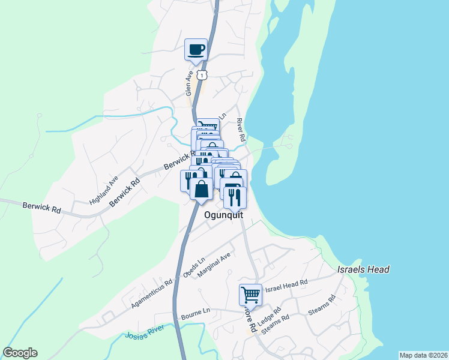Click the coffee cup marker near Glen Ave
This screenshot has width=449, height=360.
(x=196, y=49)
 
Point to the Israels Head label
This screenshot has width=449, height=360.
(x=363, y=269)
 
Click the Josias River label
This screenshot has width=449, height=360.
(x=144, y=336)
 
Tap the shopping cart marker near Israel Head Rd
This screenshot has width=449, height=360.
(x=250, y=295)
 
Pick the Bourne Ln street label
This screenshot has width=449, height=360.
(x=195, y=311)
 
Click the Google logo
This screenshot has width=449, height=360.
(x=20, y=353)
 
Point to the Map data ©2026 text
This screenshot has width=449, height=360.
(x=423, y=355)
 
